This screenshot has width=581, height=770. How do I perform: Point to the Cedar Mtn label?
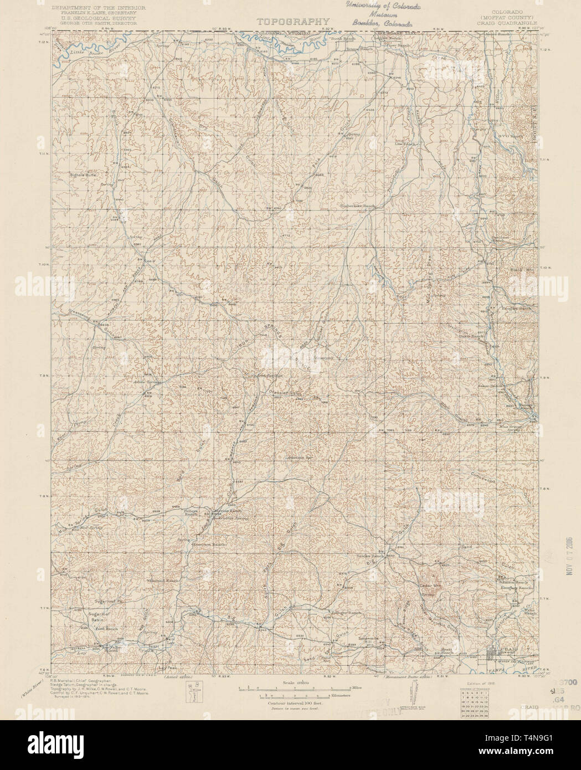click(429, 584)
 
